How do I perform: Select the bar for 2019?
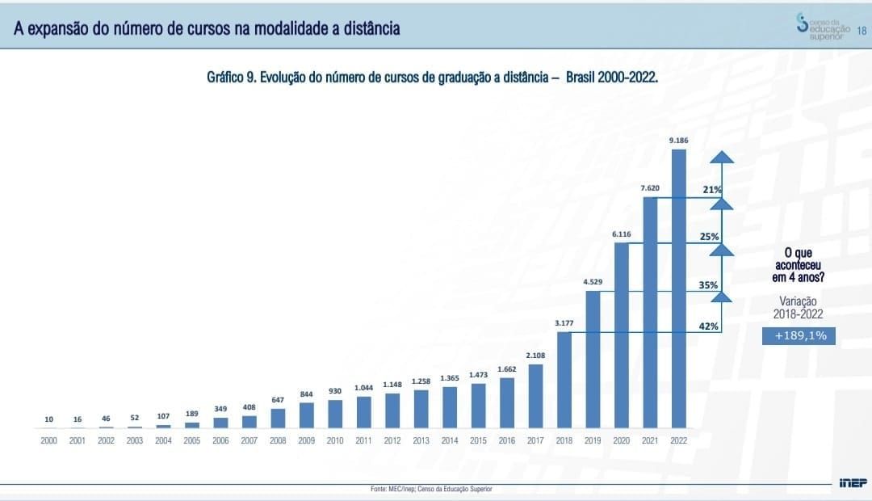593,359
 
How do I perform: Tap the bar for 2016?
507,402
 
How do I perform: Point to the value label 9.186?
678,141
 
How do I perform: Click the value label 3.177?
564,323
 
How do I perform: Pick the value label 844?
306,394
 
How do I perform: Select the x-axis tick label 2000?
48,440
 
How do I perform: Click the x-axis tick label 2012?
392,440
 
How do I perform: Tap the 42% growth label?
709,326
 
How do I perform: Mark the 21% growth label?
711,190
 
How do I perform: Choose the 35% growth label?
709,285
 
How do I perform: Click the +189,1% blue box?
799,336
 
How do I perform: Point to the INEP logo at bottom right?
852,482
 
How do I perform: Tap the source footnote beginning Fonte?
430,489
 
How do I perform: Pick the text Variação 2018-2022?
799,307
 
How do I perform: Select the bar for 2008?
278,418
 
